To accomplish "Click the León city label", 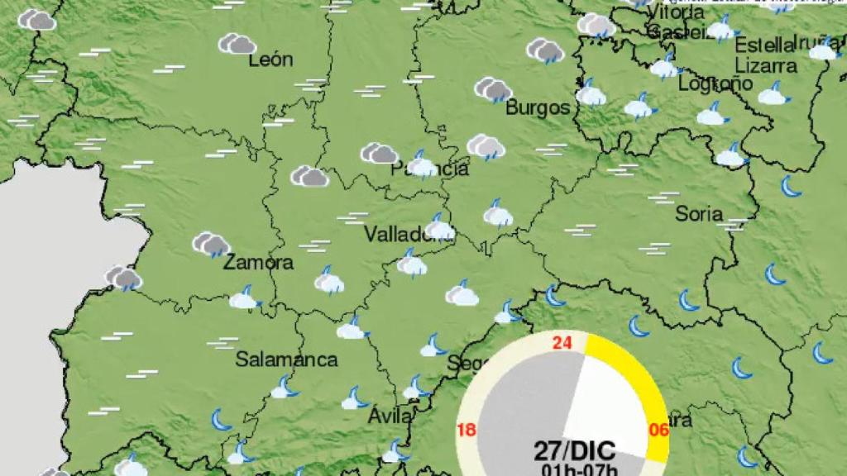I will click(270, 59).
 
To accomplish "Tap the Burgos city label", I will click(538, 107).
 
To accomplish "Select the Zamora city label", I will click(257, 263).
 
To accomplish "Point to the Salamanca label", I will click(286, 359).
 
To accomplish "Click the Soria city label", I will click(699, 213).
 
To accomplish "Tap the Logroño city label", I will click(715, 83).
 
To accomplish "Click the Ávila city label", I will click(390, 416).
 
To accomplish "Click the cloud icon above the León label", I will click(237, 44).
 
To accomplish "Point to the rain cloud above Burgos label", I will click(494, 88).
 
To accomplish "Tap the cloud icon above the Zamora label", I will click(212, 244).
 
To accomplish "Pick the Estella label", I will click(763, 45).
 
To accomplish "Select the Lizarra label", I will click(766, 65).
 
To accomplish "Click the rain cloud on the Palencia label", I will click(422, 165).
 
